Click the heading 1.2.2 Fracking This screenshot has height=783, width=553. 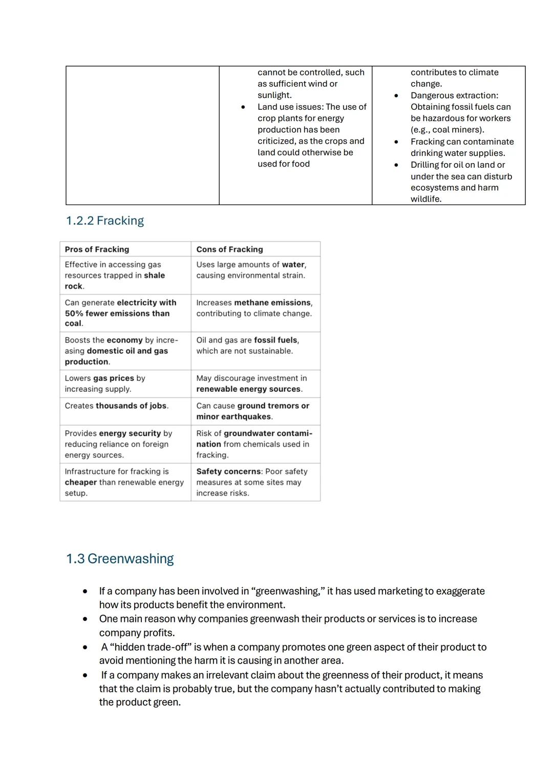pyautogui.click(x=105, y=220)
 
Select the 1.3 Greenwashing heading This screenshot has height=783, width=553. pyautogui.click(x=120, y=558)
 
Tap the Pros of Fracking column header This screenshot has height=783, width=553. pyautogui.click(x=97, y=249)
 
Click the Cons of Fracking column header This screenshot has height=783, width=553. pyautogui.click(x=229, y=249)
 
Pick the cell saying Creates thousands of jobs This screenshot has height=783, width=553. pyautogui.click(x=117, y=406)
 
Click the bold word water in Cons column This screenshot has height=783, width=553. pyautogui.click(x=293, y=265)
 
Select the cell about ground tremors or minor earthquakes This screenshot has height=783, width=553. pyautogui.click(x=252, y=411)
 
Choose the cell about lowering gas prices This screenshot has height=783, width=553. pyautogui.click(x=105, y=384)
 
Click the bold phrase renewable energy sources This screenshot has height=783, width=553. pyautogui.click(x=249, y=389)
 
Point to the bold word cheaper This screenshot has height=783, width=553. pyautogui.click(x=81, y=482)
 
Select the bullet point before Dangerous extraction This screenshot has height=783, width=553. pyautogui.click(x=396, y=96)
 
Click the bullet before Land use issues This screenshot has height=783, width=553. pyautogui.click(x=243, y=107)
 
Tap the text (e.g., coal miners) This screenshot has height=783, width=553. pyautogui.click(x=447, y=130)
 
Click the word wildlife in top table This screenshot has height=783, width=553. pyautogui.click(x=426, y=199)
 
